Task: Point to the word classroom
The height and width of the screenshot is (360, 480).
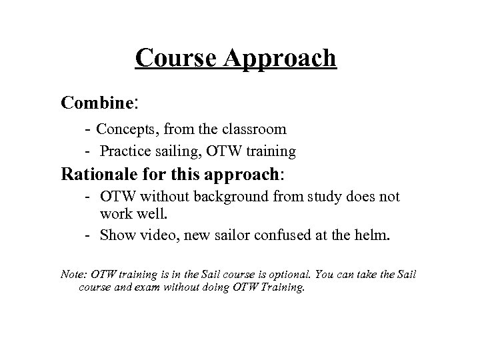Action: (256, 129)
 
